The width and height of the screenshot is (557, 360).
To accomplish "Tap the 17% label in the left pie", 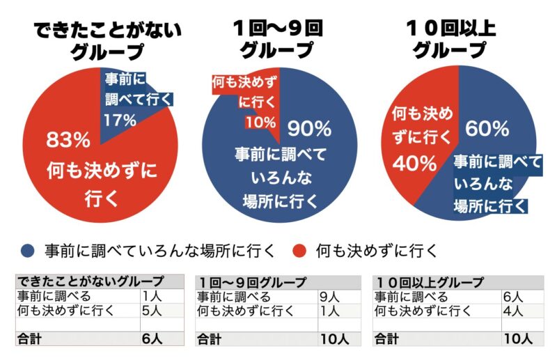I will [x=119, y=119].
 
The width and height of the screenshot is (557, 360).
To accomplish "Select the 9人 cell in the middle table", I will [x=329, y=297].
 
